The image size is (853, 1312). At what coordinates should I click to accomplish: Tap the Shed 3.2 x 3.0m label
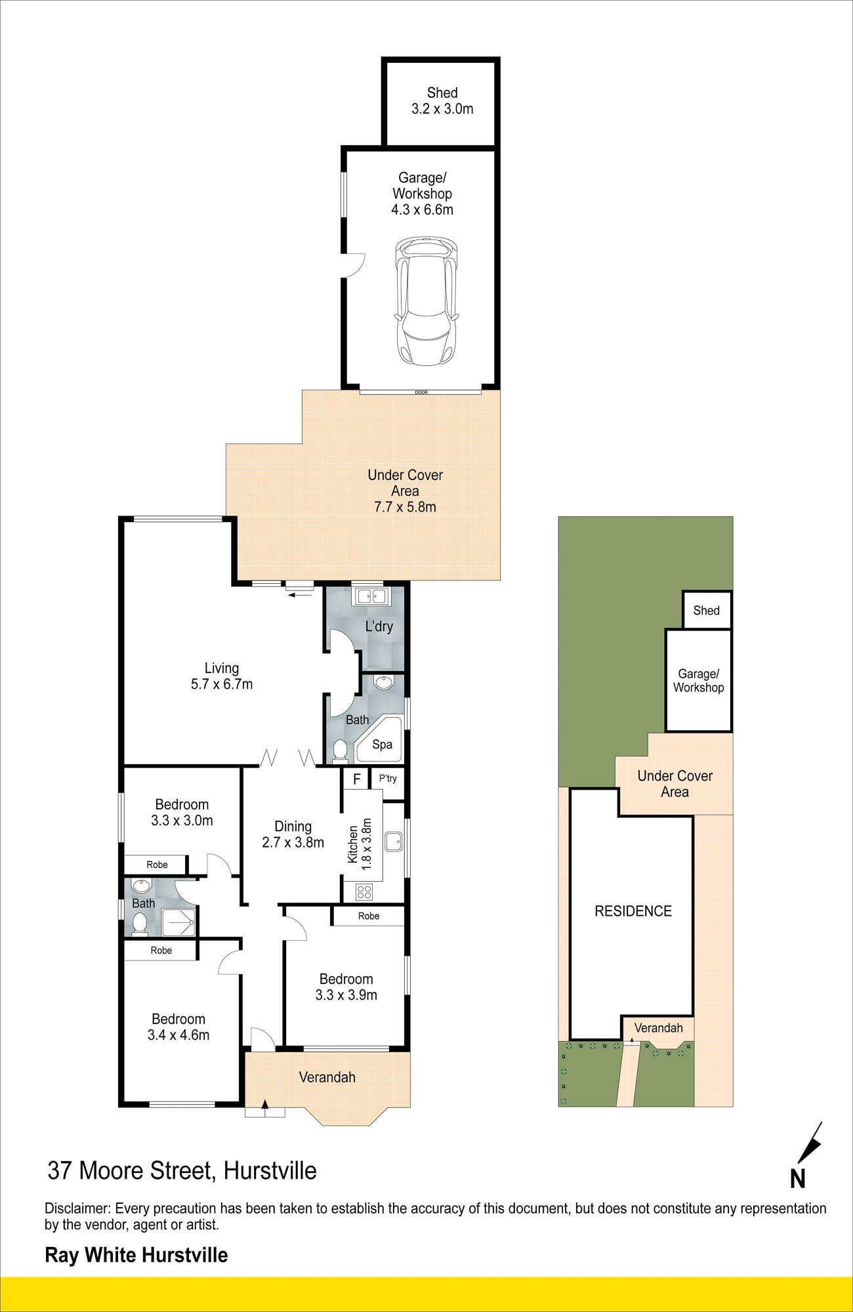tap(442, 101)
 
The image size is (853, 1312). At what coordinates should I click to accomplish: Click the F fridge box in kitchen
tap(356, 779)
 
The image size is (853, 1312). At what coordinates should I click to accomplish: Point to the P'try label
tap(388, 778)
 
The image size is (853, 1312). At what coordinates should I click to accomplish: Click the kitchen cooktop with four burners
tap(364, 892)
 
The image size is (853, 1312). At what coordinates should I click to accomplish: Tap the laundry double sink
tap(371, 596)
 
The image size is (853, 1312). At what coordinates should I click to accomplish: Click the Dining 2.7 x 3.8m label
tap(293, 834)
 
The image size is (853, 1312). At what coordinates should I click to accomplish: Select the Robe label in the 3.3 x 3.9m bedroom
tap(369, 916)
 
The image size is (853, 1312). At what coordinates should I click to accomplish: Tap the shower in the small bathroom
tap(178, 922)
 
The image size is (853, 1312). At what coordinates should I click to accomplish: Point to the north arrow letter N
tap(797, 1179)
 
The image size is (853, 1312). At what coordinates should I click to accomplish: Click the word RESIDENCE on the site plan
tap(633, 911)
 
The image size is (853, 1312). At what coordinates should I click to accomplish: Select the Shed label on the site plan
tap(707, 610)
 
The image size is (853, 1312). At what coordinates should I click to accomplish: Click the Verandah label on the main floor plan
tap(327, 1076)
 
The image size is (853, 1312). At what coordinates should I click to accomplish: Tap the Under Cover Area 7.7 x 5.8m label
tap(406, 491)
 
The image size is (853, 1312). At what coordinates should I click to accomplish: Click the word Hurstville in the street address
tap(270, 1170)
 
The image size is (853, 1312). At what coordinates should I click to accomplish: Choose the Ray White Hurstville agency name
tap(136, 1255)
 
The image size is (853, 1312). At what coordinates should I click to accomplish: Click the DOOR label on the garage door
tap(421, 392)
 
